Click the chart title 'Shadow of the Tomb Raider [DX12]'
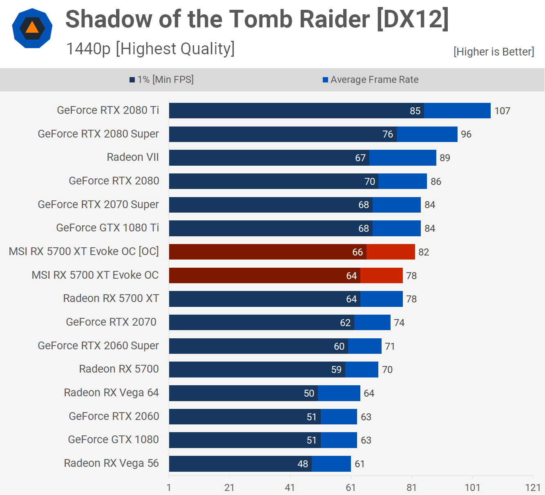(x=257, y=19)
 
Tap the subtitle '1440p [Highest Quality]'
(x=150, y=49)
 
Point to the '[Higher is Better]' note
(x=494, y=52)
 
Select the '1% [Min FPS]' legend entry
(x=162, y=80)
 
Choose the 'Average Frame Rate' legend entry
(x=371, y=80)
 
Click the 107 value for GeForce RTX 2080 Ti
(x=502, y=111)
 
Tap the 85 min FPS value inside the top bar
(x=415, y=111)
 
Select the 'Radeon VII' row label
(x=133, y=158)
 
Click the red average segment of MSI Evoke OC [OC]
(x=391, y=252)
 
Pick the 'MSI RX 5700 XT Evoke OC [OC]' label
(x=84, y=251)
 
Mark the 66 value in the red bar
(x=357, y=252)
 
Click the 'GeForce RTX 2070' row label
(x=111, y=322)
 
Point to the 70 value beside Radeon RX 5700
(x=387, y=370)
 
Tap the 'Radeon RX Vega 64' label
(x=111, y=393)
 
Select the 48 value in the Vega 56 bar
(x=303, y=464)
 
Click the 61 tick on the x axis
(x=351, y=488)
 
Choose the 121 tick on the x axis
(x=533, y=488)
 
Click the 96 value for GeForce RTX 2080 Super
(x=466, y=134)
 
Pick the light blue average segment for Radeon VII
(x=402, y=158)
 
